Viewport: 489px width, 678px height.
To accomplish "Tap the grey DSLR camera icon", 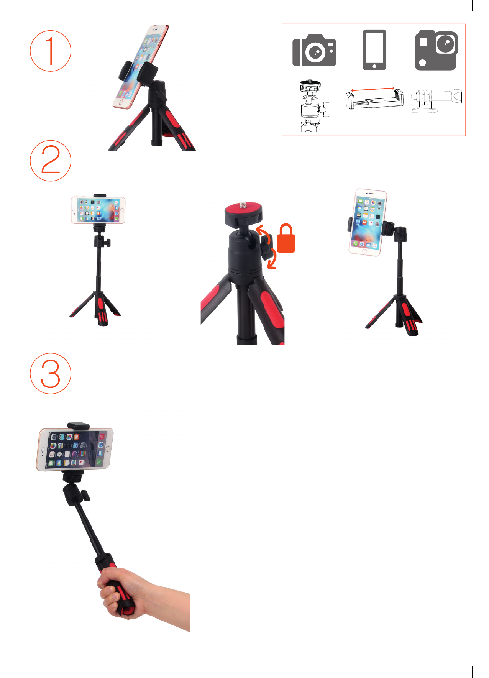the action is [x=314, y=50].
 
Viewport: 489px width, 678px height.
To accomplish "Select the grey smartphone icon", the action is [x=374, y=50].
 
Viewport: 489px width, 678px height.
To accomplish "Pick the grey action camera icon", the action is [x=436, y=50].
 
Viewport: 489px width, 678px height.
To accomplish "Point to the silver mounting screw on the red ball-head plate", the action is [x=243, y=206].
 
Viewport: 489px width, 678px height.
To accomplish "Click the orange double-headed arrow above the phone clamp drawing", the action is [x=373, y=89].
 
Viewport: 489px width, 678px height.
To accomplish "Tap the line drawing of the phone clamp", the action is [x=374, y=99].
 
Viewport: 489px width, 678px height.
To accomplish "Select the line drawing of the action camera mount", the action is [x=436, y=100].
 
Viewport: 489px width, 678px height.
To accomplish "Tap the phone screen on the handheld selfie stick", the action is [x=75, y=450].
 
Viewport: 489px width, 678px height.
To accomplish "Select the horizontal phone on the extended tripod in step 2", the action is [x=98, y=210].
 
